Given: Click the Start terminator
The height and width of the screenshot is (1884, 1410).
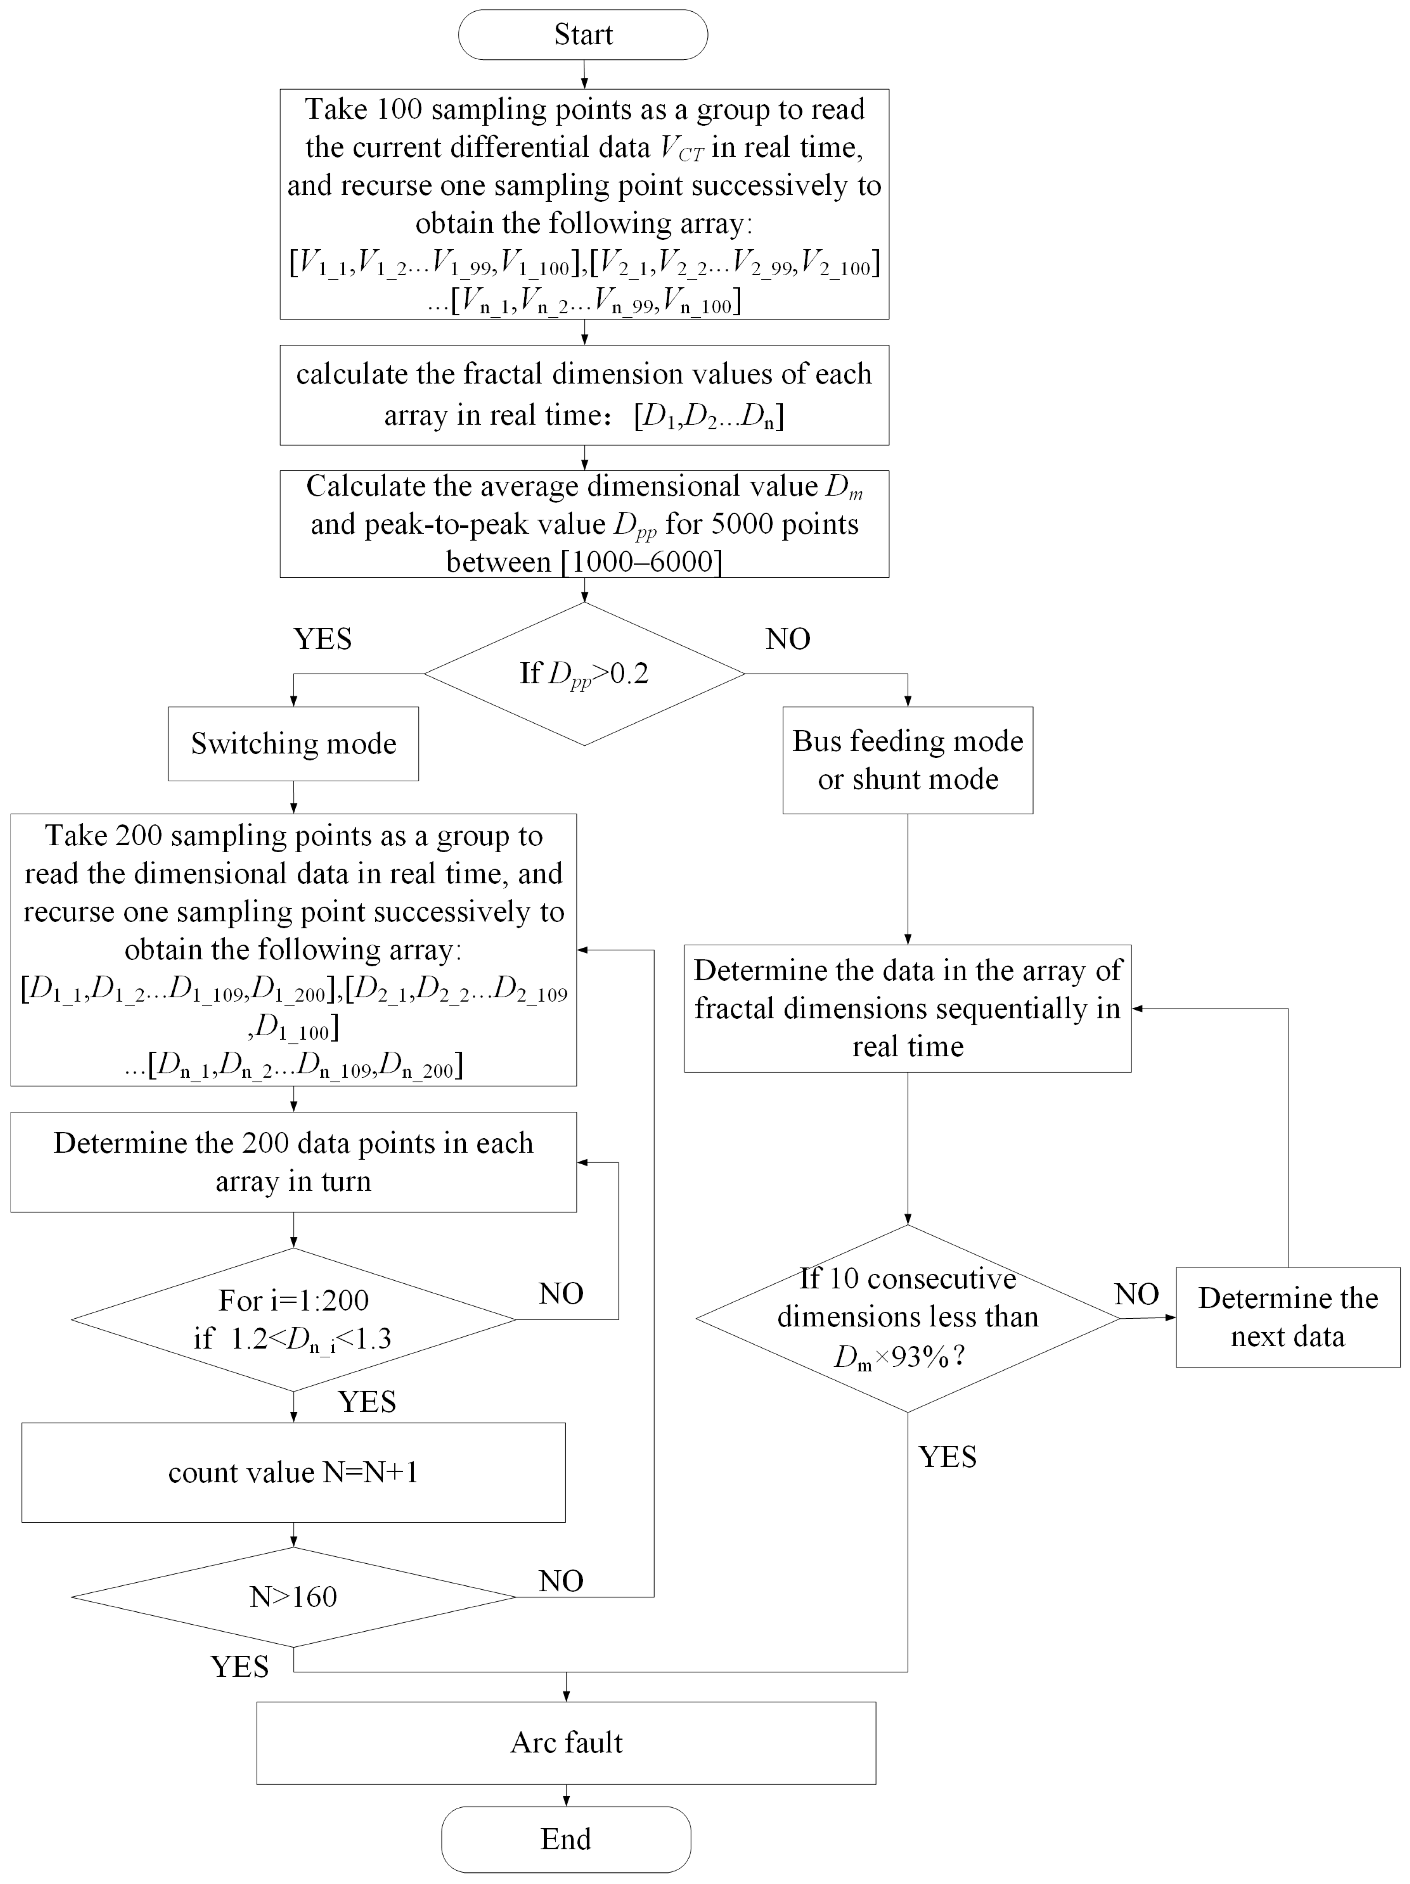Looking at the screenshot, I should pyautogui.click(x=583, y=35).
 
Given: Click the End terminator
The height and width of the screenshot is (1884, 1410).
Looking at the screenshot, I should pyautogui.click(x=566, y=1839).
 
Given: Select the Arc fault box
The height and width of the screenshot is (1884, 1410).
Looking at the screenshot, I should pyautogui.click(x=566, y=1742).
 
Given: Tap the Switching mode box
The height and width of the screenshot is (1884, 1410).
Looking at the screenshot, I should pyautogui.click(x=293, y=744).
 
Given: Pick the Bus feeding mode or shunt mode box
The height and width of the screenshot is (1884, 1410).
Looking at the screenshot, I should pyautogui.click(x=907, y=760).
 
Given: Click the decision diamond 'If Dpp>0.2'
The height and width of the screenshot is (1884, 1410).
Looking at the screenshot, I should pyautogui.click(x=584, y=674).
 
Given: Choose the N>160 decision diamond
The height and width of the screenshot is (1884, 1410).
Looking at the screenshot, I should pyautogui.click(x=293, y=1597).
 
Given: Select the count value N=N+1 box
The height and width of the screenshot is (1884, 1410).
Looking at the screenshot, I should pyautogui.click(x=293, y=1473).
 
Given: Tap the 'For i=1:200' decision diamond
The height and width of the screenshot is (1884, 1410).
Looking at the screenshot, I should pyautogui.click(x=293, y=1319).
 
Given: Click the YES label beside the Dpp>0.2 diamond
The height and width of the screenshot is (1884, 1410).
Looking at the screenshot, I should pyautogui.click(x=322, y=639).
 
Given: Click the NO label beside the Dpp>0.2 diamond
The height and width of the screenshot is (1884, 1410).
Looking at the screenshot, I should pyautogui.click(x=787, y=639).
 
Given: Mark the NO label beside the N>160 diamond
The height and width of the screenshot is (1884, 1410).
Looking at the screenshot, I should pyautogui.click(x=561, y=1581).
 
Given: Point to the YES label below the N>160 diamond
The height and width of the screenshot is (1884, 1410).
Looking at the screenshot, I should pyautogui.click(x=239, y=1667).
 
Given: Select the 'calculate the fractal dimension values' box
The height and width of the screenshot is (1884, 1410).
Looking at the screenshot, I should pyautogui.click(x=584, y=394).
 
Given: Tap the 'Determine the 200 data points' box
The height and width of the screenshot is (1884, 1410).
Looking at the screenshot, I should pyautogui.click(x=293, y=1162).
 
